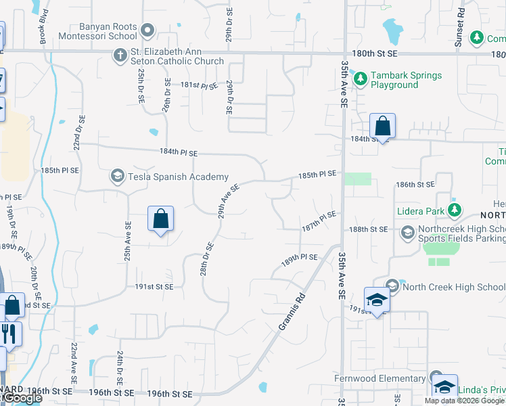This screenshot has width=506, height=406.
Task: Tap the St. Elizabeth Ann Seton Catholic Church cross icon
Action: (120, 55)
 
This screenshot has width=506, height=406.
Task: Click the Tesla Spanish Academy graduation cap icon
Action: (117, 177)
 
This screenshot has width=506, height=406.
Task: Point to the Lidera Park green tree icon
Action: (456, 210)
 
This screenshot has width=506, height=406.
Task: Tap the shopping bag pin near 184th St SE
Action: (382, 127)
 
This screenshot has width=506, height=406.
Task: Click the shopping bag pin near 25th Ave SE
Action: (160, 219)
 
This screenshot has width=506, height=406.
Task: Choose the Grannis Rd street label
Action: (292, 313)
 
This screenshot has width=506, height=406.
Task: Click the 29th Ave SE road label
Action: (228, 202)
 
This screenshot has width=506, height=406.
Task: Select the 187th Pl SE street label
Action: (319, 221)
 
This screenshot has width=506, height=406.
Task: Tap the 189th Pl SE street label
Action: (300, 258)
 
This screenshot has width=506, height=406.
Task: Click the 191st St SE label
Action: (154, 287)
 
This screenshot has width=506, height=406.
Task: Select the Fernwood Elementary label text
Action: (379, 378)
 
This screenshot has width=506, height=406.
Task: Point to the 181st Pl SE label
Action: (199, 86)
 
